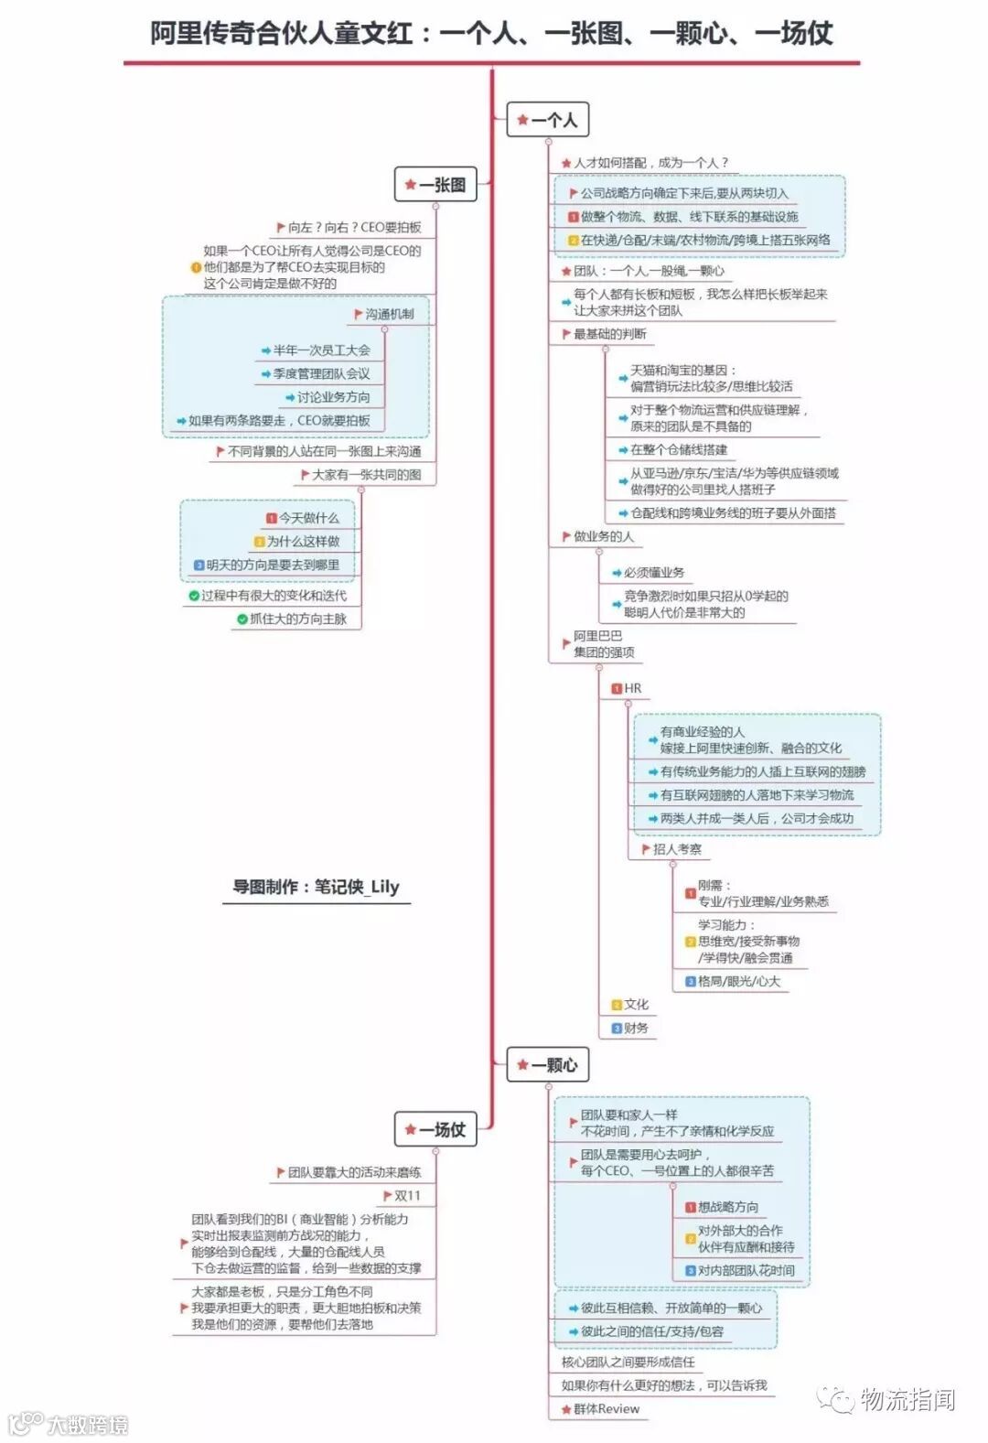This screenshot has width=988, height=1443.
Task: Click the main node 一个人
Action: click(548, 120)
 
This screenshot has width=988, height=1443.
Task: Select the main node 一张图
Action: click(436, 185)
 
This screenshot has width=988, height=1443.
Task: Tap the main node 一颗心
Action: click(548, 1065)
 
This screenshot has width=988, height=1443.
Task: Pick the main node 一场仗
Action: click(436, 1130)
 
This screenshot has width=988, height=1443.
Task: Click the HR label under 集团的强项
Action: click(632, 688)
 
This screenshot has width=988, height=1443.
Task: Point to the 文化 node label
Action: click(636, 1005)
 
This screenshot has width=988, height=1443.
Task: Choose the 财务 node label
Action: click(636, 1028)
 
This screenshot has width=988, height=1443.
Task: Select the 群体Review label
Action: click(606, 1409)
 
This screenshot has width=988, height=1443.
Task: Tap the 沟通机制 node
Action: click(389, 314)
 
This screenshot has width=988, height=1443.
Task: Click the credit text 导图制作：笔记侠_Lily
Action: click(316, 887)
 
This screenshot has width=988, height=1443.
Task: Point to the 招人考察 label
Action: click(677, 849)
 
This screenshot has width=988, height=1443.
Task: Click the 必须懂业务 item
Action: click(653, 573)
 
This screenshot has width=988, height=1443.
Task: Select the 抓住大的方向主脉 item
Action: click(297, 619)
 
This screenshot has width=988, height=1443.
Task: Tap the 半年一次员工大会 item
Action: click(321, 350)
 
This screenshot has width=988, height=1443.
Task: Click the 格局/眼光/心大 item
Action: click(738, 982)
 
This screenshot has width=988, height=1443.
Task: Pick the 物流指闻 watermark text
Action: click(907, 1400)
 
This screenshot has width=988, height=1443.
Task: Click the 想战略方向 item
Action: click(727, 1208)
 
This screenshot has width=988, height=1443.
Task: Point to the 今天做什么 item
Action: click(308, 518)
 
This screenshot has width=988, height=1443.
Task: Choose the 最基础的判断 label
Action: click(609, 334)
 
